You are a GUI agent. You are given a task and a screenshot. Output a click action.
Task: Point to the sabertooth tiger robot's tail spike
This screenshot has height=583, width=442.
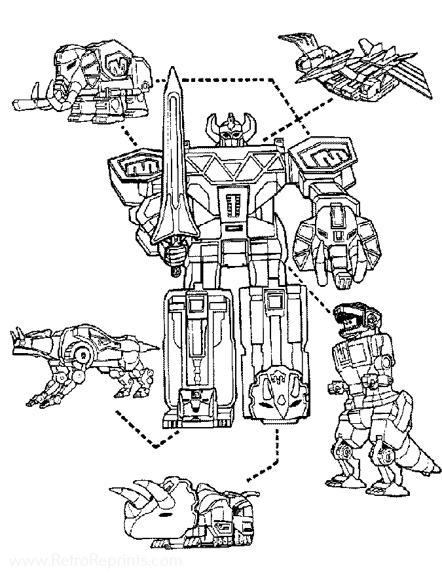point(148,344)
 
